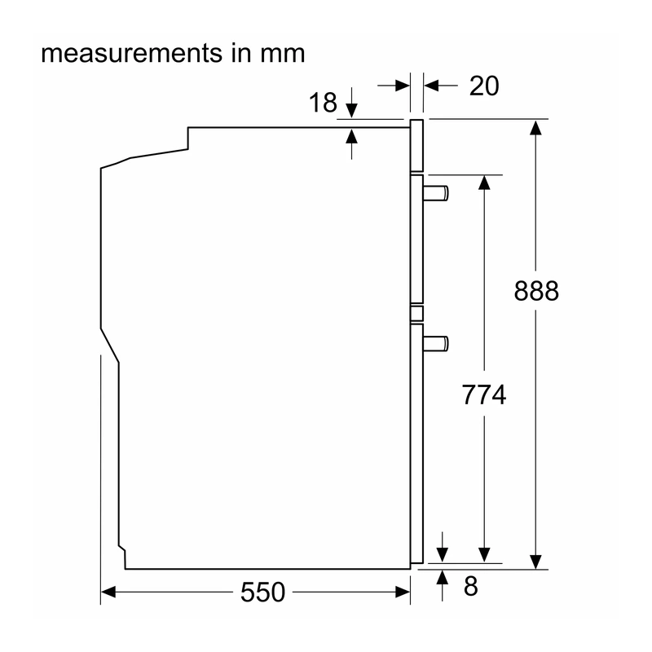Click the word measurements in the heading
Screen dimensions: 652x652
[x=132, y=54]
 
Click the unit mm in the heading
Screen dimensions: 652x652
[x=283, y=55]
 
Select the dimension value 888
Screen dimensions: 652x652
[x=536, y=291]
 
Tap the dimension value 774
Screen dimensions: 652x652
[x=484, y=394]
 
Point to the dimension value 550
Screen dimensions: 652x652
[x=262, y=593]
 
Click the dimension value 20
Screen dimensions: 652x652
[x=484, y=86]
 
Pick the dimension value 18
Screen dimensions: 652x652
[x=323, y=103]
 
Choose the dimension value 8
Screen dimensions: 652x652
[x=471, y=586]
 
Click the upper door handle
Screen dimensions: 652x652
[x=436, y=193]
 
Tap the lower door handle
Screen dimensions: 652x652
[x=436, y=343]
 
